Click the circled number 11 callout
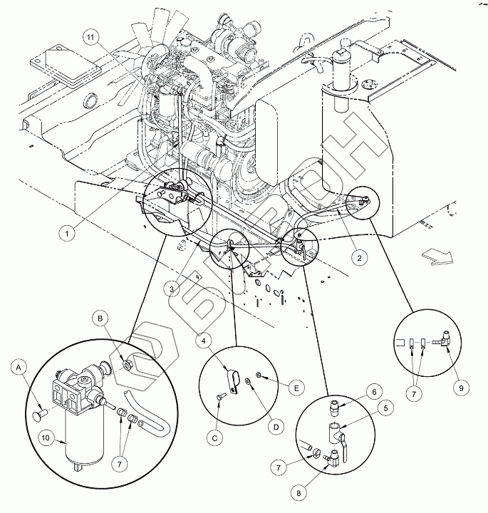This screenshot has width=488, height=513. pyautogui.click(x=90, y=38)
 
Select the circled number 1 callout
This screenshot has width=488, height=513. pyautogui.click(x=67, y=234)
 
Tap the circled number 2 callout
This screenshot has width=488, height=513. pyautogui.click(x=360, y=257)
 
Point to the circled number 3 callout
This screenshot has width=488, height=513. pyautogui.click(x=172, y=289)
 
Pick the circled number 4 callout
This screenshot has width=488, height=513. pyautogui.click(x=204, y=341)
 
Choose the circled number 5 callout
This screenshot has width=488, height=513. pyautogui.click(x=385, y=408)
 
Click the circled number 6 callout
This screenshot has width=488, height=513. pyautogui.click(x=373, y=392)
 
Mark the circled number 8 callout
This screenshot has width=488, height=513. pyautogui.click(x=298, y=493)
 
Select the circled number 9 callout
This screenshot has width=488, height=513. pyautogui.click(x=461, y=388)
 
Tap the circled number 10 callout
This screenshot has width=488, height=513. pyautogui.click(x=46, y=437)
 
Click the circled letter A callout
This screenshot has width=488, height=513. pyautogui.click(x=19, y=368)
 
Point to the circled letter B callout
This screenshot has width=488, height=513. pyautogui.click(x=100, y=318)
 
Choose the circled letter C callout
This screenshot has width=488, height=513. pyautogui.click(x=215, y=438)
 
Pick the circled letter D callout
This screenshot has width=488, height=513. pyautogui.click(x=276, y=427)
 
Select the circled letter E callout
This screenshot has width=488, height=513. pyautogui.click(x=296, y=388)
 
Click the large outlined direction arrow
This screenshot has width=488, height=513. pyautogui.click(x=436, y=256)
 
